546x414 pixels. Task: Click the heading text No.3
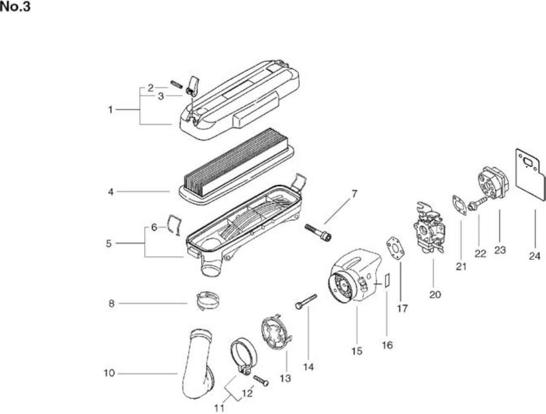click(x=15, y=7)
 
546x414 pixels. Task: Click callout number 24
click(x=534, y=256)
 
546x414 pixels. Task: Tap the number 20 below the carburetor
click(x=435, y=295)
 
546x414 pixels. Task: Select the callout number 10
click(x=109, y=373)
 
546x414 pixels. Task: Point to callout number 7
click(x=354, y=194)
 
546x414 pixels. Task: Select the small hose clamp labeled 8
click(x=208, y=301)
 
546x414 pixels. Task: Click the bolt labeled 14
click(x=306, y=301)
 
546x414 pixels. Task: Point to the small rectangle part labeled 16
click(x=386, y=281)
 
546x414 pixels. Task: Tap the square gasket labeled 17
click(x=395, y=248)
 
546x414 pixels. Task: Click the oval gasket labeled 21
click(x=459, y=205)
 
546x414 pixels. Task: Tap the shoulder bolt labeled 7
click(x=318, y=232)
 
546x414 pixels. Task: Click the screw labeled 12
click(x=261, y=380)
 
